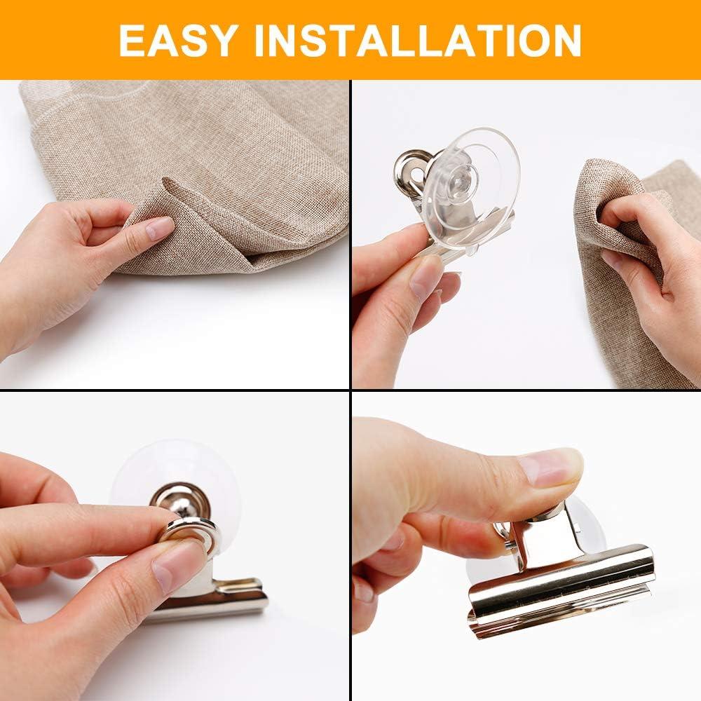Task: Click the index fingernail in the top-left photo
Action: pyautogui.click(x=160, y=229)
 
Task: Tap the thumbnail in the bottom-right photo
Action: pyautogui.click(x=550, y=466)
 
